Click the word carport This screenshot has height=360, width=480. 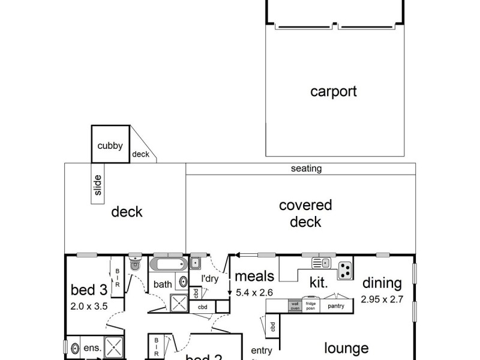click(333, 92)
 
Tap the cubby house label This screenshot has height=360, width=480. click(110, 145)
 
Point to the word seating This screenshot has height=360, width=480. click(306, 169)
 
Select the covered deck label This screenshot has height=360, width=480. click(305, 214)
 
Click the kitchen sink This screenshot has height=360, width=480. click(320, 262)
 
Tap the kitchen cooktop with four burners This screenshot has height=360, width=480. click(344, 270)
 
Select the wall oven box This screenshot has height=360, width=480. click(294, 305)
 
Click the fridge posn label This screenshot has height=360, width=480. click(310, 305)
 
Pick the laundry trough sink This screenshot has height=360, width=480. click(196, 262)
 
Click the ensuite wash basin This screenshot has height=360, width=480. click(76, 349)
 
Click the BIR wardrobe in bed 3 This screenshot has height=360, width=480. click(118, 278)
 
